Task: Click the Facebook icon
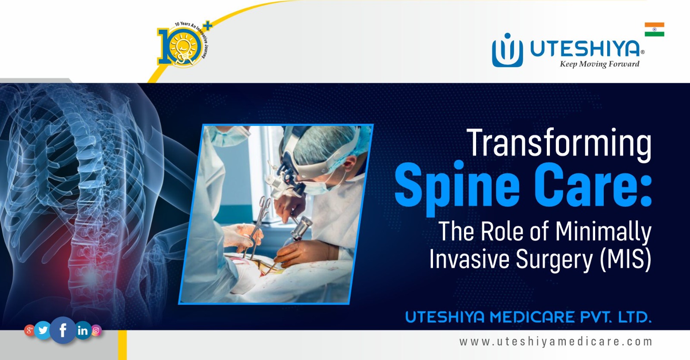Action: click(x=63, y=330)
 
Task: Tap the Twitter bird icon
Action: click(x=43, y=330)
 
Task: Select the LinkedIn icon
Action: click(x=82, y=331)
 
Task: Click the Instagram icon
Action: click(x=96, y=331)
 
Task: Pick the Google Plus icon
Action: click(x=29, y=331)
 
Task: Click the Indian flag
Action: click(x=654, y=29)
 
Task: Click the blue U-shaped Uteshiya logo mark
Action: click(x=507, y=51)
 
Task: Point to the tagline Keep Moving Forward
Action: click(x=599, y=64)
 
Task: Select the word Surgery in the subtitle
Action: click(x=555, y=260)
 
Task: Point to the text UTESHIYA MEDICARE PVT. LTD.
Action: click(x=528, y=318)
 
